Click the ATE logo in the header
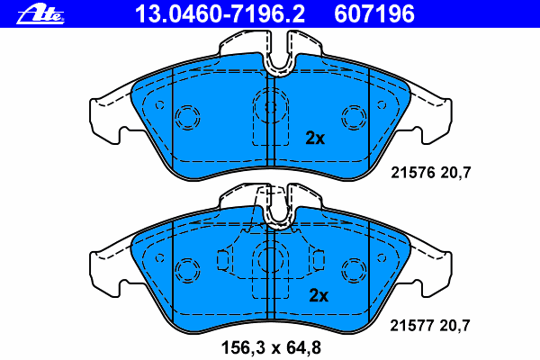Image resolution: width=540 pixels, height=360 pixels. tap(40, 14)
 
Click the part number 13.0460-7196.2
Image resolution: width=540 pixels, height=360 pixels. tap(220, 14)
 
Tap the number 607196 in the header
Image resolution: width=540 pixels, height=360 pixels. tap(374, 14)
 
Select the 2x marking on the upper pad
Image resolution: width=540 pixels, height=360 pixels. tap(315, 138)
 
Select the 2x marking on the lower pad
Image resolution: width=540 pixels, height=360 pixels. tap(319, 295)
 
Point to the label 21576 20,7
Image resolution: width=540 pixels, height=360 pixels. tap(430, 173)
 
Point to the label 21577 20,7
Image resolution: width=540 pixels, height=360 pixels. tap(430, 325)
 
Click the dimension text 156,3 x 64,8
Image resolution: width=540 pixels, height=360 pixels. tap(272, 347)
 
